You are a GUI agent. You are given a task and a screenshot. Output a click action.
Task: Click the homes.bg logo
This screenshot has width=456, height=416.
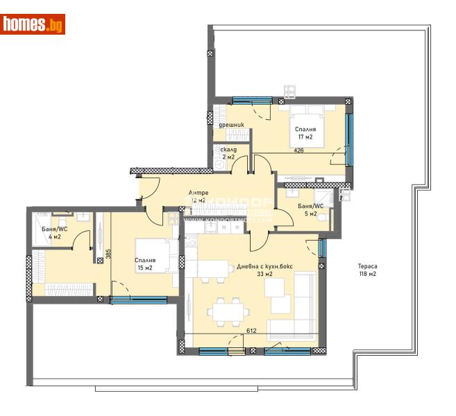[33, 24]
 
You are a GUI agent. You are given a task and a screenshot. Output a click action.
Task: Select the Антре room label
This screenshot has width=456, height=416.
[199, 196]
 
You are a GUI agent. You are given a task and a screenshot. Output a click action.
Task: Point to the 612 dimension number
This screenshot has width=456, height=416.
[252, 331]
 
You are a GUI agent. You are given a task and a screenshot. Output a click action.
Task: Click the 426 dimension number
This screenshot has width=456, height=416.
[299, 150]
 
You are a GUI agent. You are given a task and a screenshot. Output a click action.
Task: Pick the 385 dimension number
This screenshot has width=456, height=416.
[108, 254]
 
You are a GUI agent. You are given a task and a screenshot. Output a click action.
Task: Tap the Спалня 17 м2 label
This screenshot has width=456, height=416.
[305, 133]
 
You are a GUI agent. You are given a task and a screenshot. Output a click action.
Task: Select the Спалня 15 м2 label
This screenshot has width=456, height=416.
[146, 265]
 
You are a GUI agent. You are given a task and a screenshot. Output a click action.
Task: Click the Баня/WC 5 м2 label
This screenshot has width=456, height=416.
[307, 210]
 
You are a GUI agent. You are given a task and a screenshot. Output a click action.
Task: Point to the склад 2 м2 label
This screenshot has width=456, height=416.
[228, 153]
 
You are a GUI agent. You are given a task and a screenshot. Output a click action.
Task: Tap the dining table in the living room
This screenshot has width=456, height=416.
[227, 312]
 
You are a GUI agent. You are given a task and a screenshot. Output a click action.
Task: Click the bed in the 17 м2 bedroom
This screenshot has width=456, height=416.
[306, 122]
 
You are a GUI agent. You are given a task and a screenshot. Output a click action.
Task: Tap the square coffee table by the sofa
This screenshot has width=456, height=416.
[280, 304]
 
